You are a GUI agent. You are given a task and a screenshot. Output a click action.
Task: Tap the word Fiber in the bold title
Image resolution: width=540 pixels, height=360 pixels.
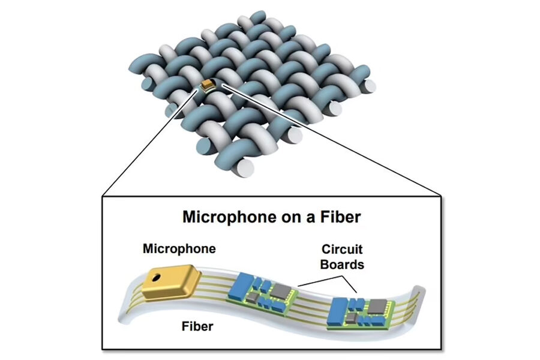pyautogui.click(x=341, y=217)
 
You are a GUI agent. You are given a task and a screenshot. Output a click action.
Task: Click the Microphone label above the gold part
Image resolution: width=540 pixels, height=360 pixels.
pyautogui.click(x=179, y=249)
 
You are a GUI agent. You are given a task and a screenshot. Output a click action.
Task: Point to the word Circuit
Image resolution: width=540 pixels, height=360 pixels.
pyautogui.click(x=341, y=249)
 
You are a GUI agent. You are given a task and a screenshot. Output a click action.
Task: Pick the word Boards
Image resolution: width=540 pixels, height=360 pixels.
pyautogui.click(x=342, y=264)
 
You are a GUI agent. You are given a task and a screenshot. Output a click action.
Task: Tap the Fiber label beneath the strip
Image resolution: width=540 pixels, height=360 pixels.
pyautogui.click(x=197, y=326)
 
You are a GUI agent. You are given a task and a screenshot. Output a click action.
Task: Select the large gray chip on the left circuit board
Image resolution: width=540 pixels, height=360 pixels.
pyautogui.click(x=281, y=291)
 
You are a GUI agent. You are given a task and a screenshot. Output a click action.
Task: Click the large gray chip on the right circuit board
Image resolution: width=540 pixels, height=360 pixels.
pyautogui.click(x=377, y=307)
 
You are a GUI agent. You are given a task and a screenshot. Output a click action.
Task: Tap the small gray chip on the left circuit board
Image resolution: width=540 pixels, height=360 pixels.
pyautogui.click(x=254, y=297)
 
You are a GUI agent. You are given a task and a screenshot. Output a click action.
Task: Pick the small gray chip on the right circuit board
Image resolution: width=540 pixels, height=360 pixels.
pyautogui.click(x=351, y=317)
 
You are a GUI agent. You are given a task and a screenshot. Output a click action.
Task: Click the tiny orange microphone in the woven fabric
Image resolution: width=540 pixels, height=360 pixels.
pyautogui.click(x=208, y=85)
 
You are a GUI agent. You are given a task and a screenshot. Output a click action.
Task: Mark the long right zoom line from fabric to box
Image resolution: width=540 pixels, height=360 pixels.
pyautogui.click(x=332, y=140)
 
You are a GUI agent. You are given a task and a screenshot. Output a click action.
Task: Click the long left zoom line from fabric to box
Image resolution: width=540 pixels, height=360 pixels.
pyautogui.click(x=150, y=143)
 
